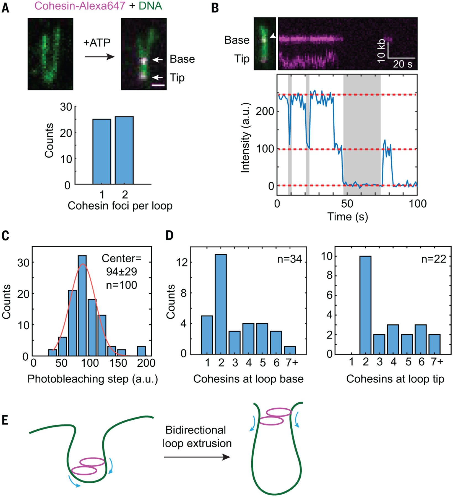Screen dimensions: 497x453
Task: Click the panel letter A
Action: pos(6,8)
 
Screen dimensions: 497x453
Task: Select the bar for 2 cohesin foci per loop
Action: pos(124,150)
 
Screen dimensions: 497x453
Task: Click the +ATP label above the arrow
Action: pos(97,43)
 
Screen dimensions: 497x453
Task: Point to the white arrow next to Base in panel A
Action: pos(158,59)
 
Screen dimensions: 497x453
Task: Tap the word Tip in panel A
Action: pos(177,78)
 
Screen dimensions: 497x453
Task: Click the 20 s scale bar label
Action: pos(402,64)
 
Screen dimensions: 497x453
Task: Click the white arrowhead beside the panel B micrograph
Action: pos(273,36)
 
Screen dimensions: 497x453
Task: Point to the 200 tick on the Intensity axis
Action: pos(265,111)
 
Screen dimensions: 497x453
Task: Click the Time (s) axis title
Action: pos(347,217)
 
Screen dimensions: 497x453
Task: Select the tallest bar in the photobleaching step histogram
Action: pos(82,306)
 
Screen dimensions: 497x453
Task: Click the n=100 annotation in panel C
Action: pos(121,285)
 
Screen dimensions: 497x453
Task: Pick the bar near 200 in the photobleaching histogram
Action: pos(141,351)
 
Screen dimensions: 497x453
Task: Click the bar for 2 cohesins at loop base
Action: pos(221,304)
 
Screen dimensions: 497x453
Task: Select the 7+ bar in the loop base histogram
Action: pos(290,350)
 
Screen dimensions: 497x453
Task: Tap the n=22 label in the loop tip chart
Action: pos(433,259)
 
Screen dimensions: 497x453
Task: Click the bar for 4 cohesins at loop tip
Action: pos(393,339)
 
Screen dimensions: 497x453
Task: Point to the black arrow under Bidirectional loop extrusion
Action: pos(197,457)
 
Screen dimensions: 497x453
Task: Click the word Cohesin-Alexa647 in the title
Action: pos(80,6)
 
